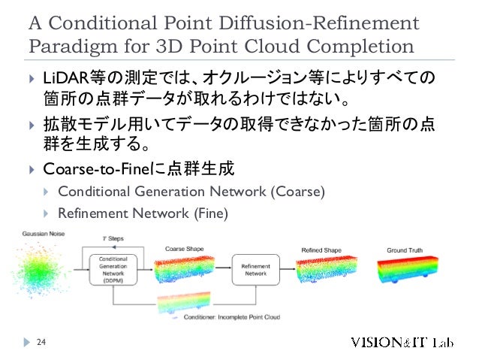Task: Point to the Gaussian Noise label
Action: tap(44, 234)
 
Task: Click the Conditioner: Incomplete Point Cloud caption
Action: tap(232, 317)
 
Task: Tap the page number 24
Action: tap(42, 343)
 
